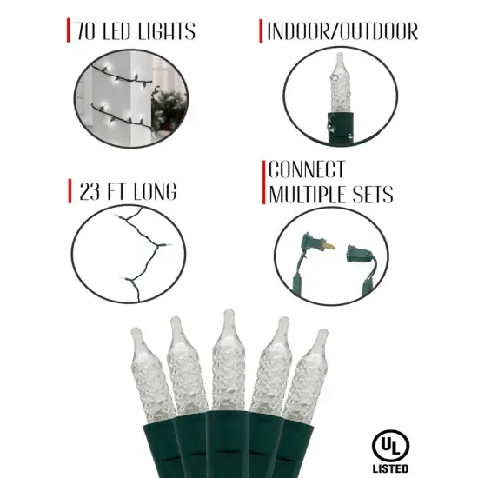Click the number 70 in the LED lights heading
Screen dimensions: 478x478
85,31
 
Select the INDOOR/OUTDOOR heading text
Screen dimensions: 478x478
342,31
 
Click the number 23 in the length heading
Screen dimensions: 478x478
90,191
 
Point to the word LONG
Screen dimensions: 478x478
156,191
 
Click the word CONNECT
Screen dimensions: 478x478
307,169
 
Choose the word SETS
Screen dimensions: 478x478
373,194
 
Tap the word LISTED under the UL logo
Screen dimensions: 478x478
390,468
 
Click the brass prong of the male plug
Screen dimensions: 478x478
330,245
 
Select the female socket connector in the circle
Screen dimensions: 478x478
360,254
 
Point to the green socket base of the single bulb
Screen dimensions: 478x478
340,126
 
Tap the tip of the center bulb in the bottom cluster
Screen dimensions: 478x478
229,311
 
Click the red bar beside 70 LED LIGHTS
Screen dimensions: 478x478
69,30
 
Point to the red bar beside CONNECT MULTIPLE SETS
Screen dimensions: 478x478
264,183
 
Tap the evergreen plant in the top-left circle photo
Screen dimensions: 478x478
169,109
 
